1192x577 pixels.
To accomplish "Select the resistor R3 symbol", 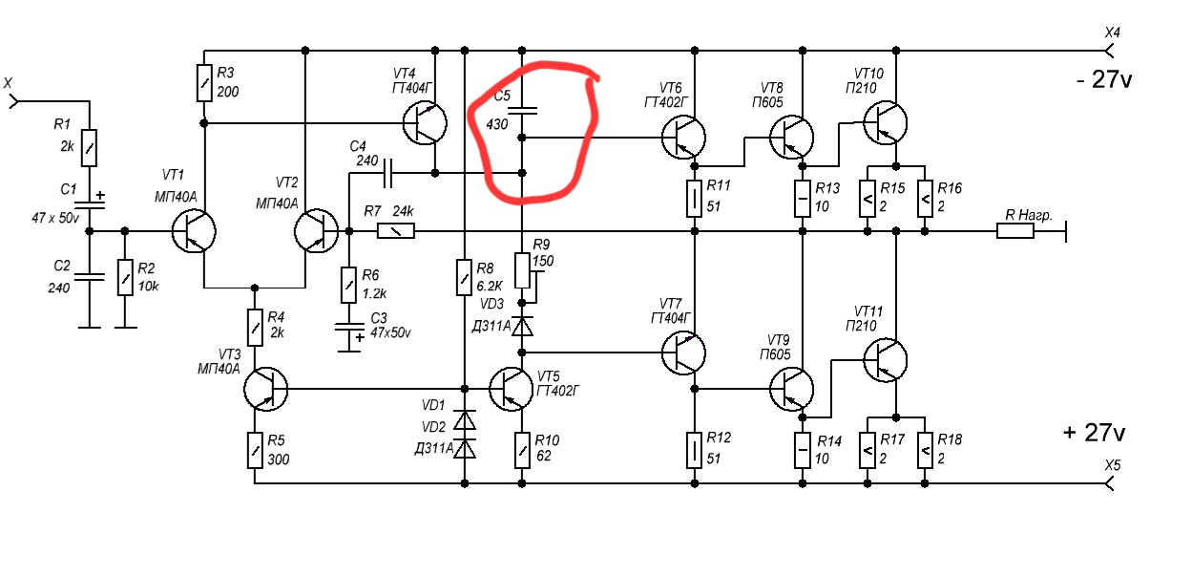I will click(204, 83).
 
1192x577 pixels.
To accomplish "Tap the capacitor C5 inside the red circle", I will click(522, 111).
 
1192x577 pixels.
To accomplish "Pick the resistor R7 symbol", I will click(395, 230).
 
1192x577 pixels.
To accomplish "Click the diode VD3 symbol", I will click(522, 326).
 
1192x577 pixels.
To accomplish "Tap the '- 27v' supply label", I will click(1102, 80).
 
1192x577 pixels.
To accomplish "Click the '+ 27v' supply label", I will click(1094, 433).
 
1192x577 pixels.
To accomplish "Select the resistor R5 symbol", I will click(256, 450).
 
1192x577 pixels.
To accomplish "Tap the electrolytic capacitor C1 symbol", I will click(89, 203).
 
